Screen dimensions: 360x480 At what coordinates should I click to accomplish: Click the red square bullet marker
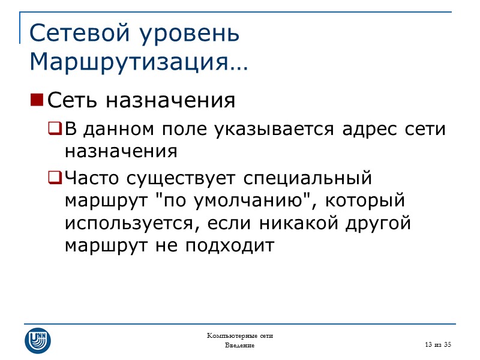[37, 100]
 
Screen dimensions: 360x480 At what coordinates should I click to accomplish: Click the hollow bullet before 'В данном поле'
[55, 128]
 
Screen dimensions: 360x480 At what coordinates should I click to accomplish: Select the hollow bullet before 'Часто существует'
[55, 178]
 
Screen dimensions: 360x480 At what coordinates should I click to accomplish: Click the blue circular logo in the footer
[37, 340]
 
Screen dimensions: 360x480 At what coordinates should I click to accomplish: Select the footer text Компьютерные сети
[239, 335]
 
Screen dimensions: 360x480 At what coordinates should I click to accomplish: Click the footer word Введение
[239, 346]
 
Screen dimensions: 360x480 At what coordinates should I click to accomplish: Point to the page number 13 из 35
[437, 344]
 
